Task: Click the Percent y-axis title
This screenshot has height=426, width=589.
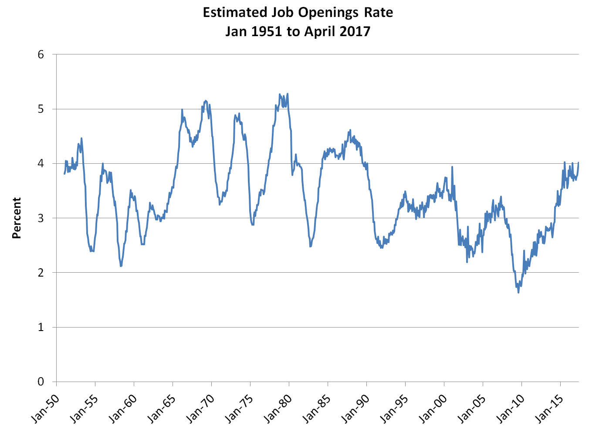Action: click(17, 218)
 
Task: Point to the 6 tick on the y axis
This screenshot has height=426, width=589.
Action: click(41, 54)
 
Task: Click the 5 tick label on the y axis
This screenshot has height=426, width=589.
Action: click(41, 109)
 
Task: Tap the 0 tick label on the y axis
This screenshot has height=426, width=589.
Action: click(41, 382)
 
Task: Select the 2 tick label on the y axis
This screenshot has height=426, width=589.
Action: click(41, 273)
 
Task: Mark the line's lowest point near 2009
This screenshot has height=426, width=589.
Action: click(518, 293)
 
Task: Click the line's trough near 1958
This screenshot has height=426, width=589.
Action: click(121, 266)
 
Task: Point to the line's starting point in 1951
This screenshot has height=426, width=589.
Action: click(64, 174)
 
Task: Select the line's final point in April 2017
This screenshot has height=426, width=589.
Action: click(579, 162)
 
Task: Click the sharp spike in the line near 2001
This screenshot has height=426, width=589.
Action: click(452, 167)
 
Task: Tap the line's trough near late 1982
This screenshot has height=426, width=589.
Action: click(310, 247)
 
